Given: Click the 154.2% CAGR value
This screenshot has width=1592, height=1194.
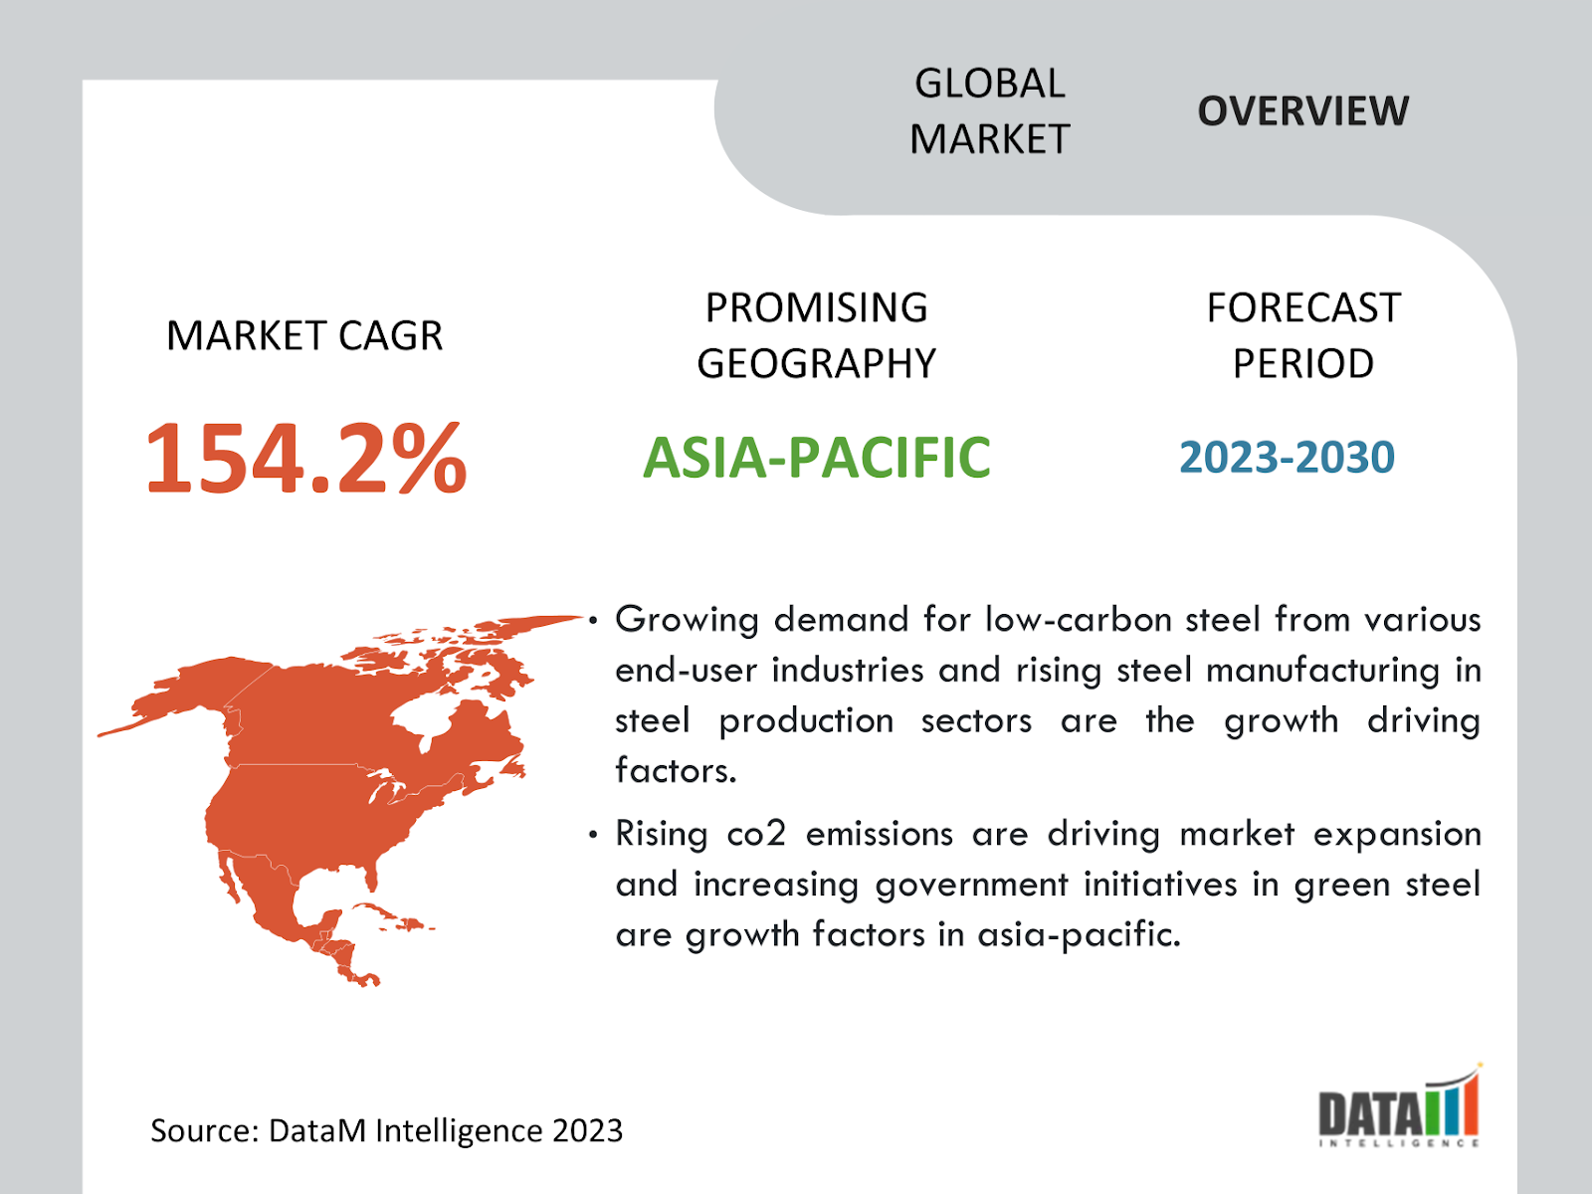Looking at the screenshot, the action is pyautogui.click(x=306, y=458).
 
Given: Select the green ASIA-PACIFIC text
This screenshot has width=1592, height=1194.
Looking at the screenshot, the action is pyautogui.click(x=817, y=458).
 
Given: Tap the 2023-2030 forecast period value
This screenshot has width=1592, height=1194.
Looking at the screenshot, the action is pyautogui.click(x=1288, y=458).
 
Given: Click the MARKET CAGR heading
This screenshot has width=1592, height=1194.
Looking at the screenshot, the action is pyautogui.click(x=304, y=335).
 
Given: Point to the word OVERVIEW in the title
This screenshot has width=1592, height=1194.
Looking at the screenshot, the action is pyautogui.click(x=1303, y=110).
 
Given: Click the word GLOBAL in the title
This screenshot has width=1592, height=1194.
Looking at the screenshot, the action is pyautogui.click(x=990, y=84).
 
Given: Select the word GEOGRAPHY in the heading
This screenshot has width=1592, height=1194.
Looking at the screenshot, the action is pyautogui.click(x=817, y=363).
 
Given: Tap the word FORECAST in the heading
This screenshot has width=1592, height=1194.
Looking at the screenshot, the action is pyautogui.click(x=1303, y=307).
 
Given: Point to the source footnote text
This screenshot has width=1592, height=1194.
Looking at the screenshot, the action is pyautogui.click(x=387, y=1131).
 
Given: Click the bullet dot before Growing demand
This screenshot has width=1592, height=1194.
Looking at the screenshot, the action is pyautogui.click(x=593, y=621).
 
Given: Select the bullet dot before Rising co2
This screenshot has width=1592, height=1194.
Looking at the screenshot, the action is pyautogui.click(x=593, y=835).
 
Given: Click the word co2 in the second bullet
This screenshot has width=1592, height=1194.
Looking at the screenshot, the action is pyautogui.click(x=756, y=835).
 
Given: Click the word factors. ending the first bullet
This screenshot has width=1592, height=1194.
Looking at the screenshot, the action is pyautogui.click(x=676, y=770).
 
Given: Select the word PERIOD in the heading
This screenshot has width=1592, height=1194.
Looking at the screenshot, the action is pyautogui.click(x=1303, y=363).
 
